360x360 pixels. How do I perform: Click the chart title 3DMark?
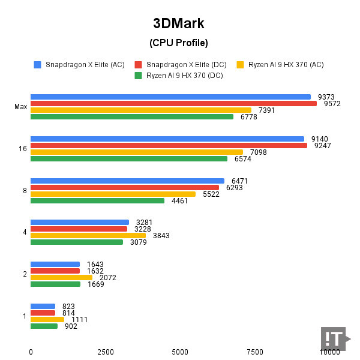coord(179,23)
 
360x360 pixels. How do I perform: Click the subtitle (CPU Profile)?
coord(179,43)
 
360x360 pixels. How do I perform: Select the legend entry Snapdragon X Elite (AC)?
coord(85,65)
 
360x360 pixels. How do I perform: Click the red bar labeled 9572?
coord(173,103)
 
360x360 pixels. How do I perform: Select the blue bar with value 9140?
coord(167,139)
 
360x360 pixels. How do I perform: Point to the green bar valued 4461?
coord(97,200)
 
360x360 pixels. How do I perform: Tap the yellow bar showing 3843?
coord(88,236)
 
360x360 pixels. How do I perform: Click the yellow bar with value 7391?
coord(141,110)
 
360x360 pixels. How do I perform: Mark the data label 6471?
coord(239,181)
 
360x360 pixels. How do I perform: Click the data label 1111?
coord(79,320)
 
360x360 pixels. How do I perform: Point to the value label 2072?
coord(108,278)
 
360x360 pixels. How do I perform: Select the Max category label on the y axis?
coord(21,107)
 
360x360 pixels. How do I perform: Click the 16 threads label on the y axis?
coord(23,149)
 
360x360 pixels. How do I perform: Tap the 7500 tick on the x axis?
coord(255,352)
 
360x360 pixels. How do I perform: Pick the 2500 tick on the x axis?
coord(105,352)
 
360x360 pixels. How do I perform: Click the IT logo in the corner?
coord(334,339)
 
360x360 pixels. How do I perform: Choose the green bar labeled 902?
coord(44,326)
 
